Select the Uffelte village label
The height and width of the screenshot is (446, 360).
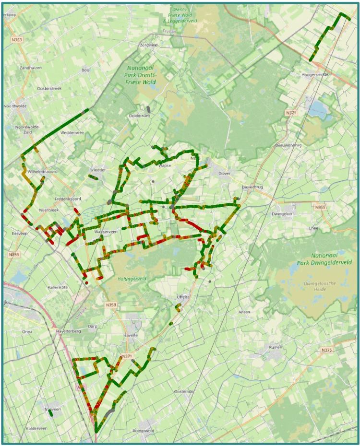pos(183,297)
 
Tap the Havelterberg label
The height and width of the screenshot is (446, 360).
pos(71,331)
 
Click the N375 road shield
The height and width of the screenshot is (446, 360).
pos(327,350)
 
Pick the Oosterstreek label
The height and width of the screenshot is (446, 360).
pos(49,88)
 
